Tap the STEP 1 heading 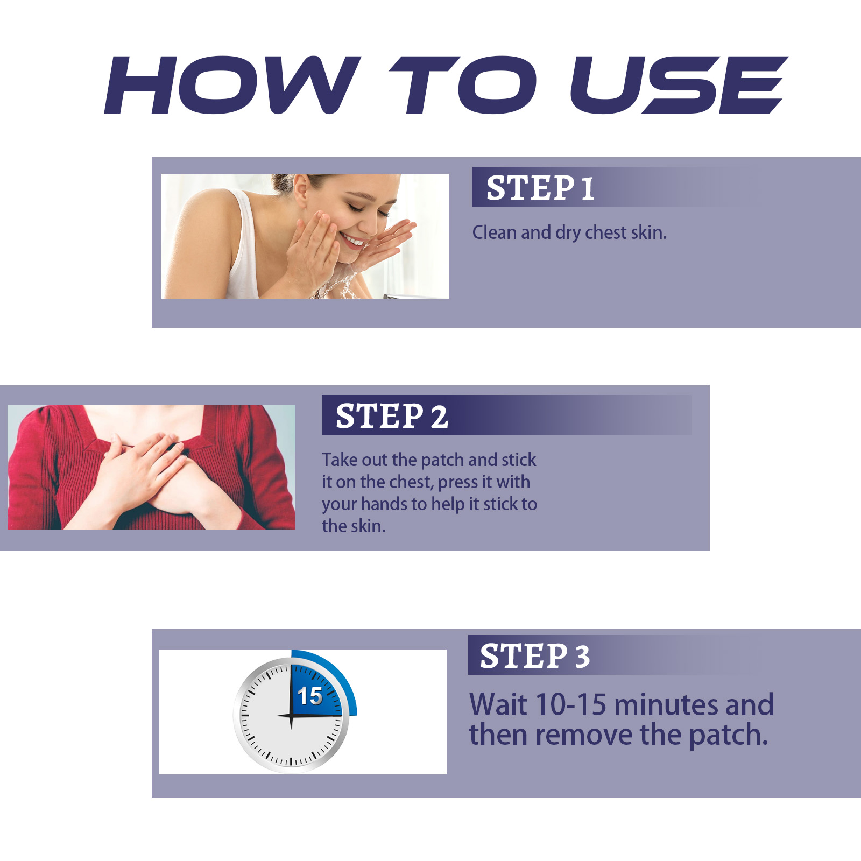540,188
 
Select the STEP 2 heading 392,416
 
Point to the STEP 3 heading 535,656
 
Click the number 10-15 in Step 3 571,704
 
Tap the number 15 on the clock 310,696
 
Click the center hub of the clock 291,716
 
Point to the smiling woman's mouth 353,240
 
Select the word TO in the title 463,85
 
